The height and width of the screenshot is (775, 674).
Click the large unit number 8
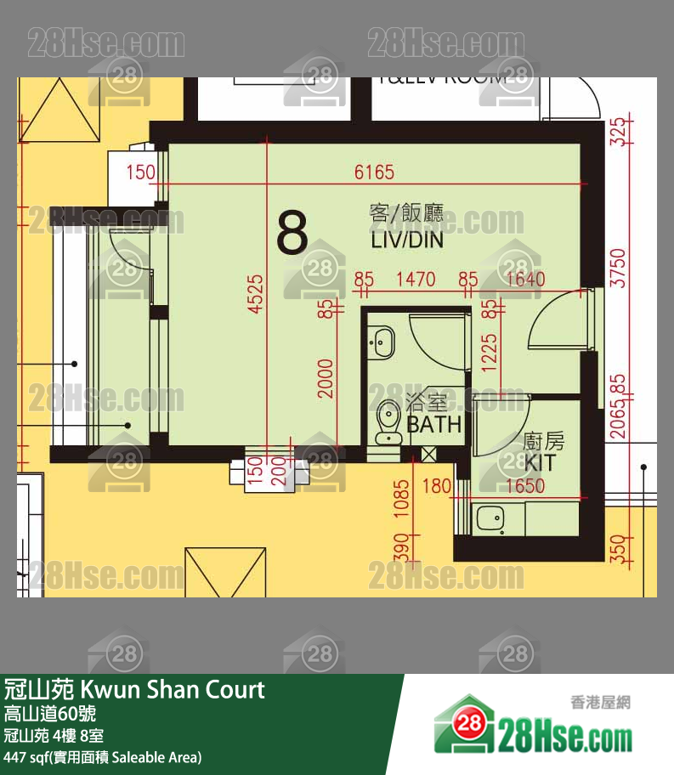coord(292,234)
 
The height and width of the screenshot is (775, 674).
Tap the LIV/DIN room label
coord(406,240)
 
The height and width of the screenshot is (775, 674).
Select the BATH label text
coord(433,424)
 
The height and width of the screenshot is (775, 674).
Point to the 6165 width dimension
coord(374,173)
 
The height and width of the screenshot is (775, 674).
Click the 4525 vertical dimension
coord(256,294)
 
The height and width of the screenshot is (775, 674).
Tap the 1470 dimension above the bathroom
coord(416,279)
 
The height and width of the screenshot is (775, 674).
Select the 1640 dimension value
coord(524,279)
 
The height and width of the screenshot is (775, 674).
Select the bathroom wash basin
coord(382,341)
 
